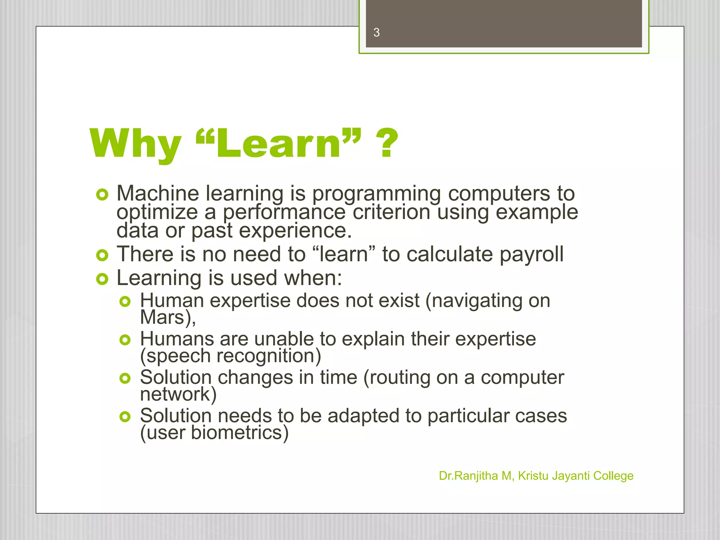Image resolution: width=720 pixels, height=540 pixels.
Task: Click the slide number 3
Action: coord(377,33)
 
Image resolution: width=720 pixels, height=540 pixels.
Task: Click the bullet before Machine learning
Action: coord(102,195)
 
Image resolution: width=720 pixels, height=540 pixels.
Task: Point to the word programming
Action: coord(376,194)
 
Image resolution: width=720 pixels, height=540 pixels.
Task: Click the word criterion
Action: coord(391,212)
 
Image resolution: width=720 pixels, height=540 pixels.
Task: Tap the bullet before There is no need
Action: coord(102,256)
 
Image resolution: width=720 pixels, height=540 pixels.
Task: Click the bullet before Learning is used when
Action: coord(102,279)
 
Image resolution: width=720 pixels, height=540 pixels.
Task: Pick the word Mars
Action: coord(162,317)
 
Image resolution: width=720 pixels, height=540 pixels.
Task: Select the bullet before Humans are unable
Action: coord(125,340)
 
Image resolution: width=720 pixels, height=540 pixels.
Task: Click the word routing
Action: coord(400,378)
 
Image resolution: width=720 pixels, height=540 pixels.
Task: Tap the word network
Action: coord(175,394)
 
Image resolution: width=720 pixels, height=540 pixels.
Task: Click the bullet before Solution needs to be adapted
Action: coord(125,417)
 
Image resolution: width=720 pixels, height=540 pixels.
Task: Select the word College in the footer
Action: coord(613,476)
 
